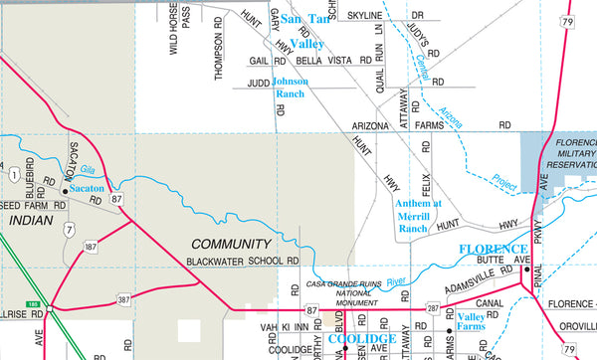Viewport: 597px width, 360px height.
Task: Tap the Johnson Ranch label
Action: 291,87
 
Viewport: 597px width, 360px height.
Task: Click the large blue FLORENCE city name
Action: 492,249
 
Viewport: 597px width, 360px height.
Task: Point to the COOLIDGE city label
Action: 363,339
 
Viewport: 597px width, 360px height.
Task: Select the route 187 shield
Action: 92,245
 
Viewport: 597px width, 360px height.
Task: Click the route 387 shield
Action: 122,297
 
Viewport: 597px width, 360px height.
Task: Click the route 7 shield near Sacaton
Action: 69,230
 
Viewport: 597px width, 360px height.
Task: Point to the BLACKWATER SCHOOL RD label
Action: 244,262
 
